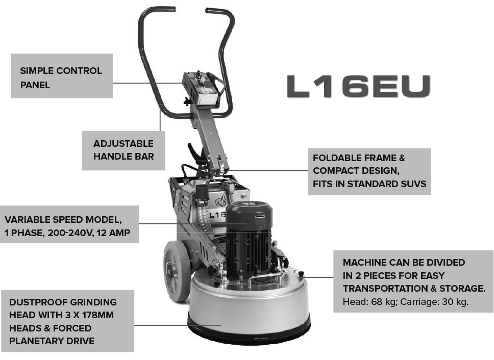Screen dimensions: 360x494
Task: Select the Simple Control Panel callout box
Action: click(x=61, y=76)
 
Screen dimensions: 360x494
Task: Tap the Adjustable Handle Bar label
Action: click(x=123, y=150)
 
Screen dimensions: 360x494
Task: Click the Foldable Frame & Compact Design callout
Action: click(x=369, y=171)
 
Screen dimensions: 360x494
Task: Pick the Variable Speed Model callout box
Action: click(x=69, y=224)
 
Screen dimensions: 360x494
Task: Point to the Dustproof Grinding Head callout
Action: click(x=67, y=321)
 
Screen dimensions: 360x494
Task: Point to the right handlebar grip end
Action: click(x=216, y=10)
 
